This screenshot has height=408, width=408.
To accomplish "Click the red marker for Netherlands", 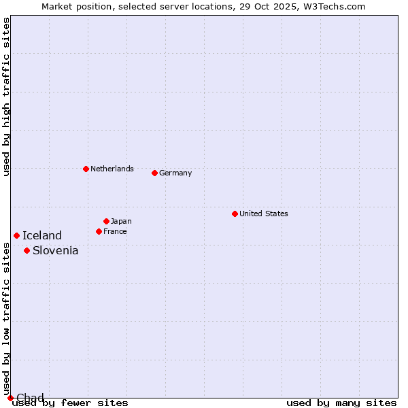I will pyautogui.click(x=86, y=169).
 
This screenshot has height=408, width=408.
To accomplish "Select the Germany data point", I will pyautogui.click(x=154, y=173).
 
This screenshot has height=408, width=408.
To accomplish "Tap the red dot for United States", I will pyautogui.click(x=235, y=214).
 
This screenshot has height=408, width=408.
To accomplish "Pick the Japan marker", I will pyautogui.click(x=106, y=221).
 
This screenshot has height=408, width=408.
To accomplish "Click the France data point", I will pyautogui.click(x=99, y=231).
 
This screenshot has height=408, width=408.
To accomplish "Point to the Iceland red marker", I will pyautogui.click(x=16, y=235).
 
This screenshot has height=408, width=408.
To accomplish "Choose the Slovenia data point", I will pyautogui.click(x=27, y=250).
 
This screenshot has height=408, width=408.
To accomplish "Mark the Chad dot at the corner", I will pyautogui.click(x=10, y=398).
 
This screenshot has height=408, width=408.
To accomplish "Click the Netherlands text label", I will pyautogui.click(x=112, y=169).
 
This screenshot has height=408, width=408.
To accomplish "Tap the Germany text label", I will pyautogui.click(x=175, y=173).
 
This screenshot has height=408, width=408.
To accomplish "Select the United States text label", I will pyautogui.click(x=264, y=214).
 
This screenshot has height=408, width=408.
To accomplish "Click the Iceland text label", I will pyautogui.click(x=42, y=235).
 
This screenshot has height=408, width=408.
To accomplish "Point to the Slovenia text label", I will pyautogui.click(x=56, y=250).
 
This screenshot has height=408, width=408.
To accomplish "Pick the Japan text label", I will pyautogui.click(x=121, y=221).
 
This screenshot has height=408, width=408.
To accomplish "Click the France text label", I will pyautogui.click(x=116, y=231).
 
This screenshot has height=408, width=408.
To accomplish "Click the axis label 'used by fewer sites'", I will pyautogui.click(x=70, y=403).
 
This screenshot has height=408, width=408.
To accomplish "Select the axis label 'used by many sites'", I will pyautogui.click(x=341, y=403).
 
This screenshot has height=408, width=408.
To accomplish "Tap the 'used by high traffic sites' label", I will pyautogui.click(x=6, y=97).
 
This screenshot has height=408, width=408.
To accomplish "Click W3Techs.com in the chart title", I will pyautogui.click(x=334, y=7).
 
